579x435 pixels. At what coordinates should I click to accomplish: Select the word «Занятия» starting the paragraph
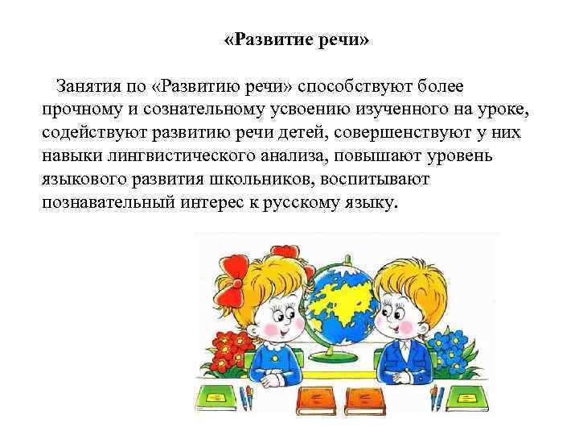pyautogui.click(x=87, y=86)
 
